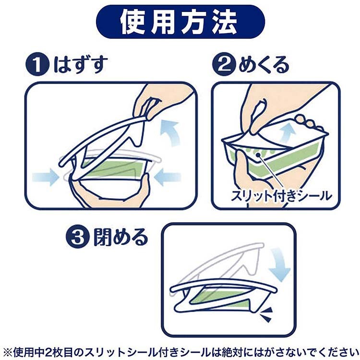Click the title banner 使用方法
point(180,22)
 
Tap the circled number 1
point(37,64)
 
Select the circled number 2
point(224,64)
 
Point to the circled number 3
point(77,237)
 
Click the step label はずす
point(81,65)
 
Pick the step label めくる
point(264,65)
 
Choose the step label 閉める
point(120,237)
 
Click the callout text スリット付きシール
point(281,196)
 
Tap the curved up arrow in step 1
point(170,132)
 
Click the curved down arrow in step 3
point(279,264)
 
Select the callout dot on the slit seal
point(259,155)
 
